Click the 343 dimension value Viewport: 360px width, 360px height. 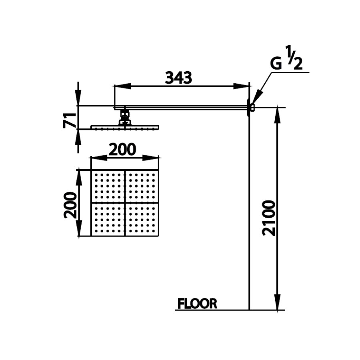178,78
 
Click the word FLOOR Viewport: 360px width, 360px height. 197,304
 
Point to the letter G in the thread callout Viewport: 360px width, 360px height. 276,64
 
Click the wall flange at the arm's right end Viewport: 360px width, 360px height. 250,107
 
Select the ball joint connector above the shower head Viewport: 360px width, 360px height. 125,118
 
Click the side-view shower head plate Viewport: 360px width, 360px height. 125,127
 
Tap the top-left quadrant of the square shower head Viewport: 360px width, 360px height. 108,186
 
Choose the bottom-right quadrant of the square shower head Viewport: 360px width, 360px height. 142,220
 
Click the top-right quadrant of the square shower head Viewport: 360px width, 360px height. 142,186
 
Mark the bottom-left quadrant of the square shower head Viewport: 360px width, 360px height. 108,220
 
